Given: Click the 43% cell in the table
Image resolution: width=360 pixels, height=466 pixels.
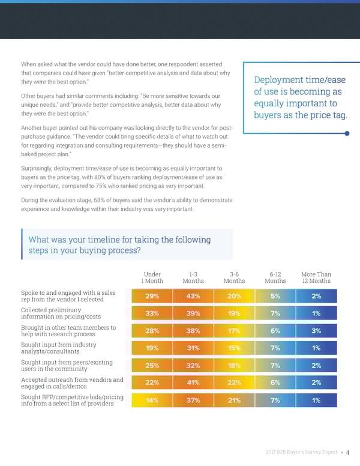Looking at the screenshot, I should [x=193, y=296].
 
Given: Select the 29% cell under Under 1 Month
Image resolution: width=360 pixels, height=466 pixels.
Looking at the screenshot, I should [x=152, y=296].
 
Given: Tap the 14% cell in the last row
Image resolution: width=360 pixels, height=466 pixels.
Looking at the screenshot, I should [x=152, y=401].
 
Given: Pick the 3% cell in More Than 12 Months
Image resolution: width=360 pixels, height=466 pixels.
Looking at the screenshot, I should [x=316, y=331].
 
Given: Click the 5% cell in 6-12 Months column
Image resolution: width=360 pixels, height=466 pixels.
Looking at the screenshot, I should [x=275, y=296].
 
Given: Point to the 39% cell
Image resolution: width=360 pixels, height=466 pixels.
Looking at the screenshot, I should [x=193, y=313].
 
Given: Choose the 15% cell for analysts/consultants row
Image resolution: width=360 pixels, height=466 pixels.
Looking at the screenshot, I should [x=234, y=348].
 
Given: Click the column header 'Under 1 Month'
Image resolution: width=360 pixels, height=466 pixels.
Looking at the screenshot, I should [x=152, y=277].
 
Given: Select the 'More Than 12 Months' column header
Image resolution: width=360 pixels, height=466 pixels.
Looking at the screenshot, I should [x=316, y=277].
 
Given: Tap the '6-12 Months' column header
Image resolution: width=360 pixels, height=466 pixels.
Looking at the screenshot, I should [x=275, y=277].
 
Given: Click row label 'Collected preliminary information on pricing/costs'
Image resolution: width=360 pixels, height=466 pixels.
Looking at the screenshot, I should [x=61, y=313].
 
